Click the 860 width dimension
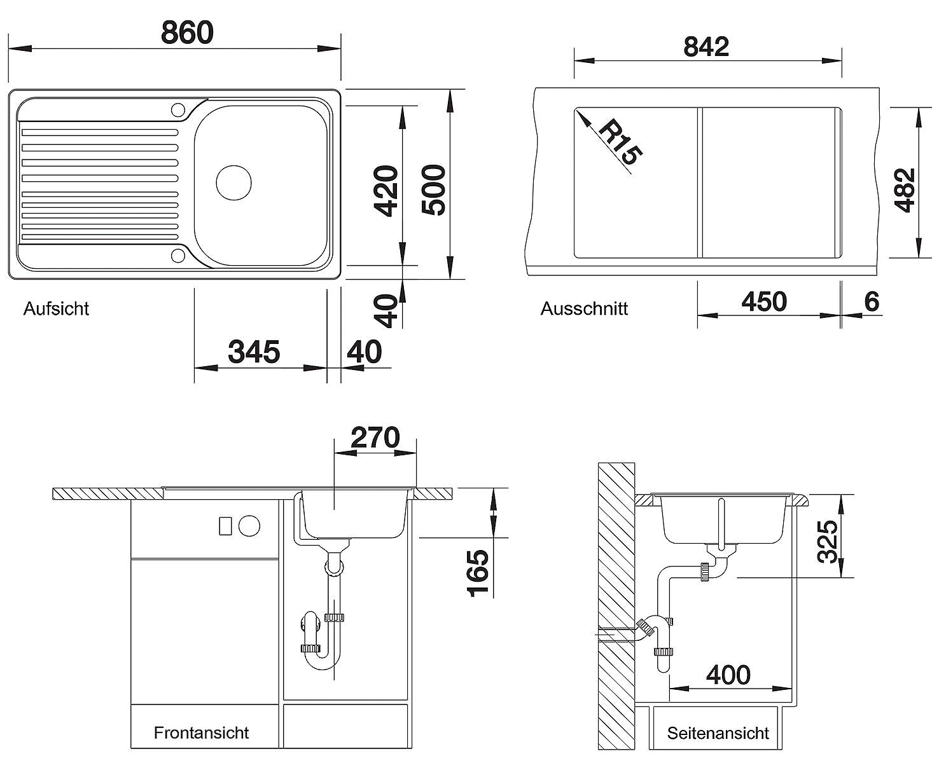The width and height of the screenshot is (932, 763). click(187, 32)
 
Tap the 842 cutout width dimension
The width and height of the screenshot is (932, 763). click(706, 46)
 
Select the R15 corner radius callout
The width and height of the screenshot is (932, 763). click(620, 142)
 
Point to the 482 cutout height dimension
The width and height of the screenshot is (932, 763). click(905, 190)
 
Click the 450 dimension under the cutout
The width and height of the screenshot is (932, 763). click(764, 301)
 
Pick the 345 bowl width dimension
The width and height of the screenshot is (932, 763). click(254, 352)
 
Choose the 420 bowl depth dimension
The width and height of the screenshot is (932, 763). click(386, 191)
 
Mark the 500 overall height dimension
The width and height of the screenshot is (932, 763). click(433, 190)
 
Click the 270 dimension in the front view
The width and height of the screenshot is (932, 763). click(375, 437)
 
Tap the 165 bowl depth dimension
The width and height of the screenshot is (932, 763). click(478, 574)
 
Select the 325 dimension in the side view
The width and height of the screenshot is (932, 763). click(827, 542)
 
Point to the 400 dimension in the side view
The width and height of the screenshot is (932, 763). click(728, 675)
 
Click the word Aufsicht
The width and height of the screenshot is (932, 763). click(56, 308)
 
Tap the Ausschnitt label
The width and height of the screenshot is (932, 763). click(584, 308)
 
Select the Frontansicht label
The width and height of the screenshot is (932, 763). click(201, 732)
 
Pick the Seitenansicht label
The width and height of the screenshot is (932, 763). click(718, 733)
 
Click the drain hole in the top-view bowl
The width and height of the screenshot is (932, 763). click(233, 182)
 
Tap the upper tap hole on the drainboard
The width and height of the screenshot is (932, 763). click(178, 109)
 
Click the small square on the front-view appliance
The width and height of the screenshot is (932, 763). click(225, 526)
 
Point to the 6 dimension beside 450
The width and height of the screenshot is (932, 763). click(872, 302)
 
